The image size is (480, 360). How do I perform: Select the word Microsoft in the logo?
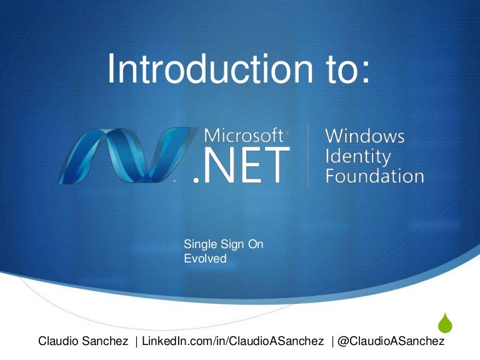point(244,136)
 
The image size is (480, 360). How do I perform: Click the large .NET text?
point(241,166)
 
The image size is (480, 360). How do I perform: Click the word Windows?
point(365,136)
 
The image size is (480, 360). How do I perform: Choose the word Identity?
point(358,156)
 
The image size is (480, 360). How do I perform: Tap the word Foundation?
point(374,176)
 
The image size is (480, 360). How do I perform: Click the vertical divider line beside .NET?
point(308,155)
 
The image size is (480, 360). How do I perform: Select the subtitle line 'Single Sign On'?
point(223,244)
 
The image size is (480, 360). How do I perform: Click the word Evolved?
point(205,257)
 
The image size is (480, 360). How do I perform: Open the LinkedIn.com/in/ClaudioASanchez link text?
point(233,341)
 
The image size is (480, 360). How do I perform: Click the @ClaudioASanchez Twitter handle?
point(392,341)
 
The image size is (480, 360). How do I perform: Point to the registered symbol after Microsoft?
point(287,133)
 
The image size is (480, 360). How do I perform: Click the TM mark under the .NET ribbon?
point(175,181)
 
